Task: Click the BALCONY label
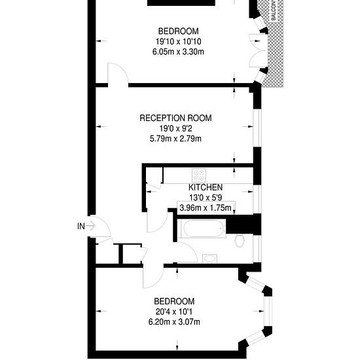pyautogui.click(x=273, y=10)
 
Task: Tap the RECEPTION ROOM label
pyautogui.click(x=175, y=118)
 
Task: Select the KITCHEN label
pyautogui.click(x=206, y=187)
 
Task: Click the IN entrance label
pyautogui.click(x=81, y=226)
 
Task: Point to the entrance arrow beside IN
pyautogui.click(x=92, y=226)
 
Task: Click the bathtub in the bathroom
pyautogui.click(x=202, y=228)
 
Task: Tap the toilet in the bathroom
pyautogui.click(x=240, y=241)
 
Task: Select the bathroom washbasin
pyautogui.click(x=209, y=259)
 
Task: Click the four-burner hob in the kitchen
pyautogui.click(x=199, y=175)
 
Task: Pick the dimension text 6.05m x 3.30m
pyautogui.click(x=178, y=52)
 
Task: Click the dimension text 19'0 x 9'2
pyautogui.click(x=175, y=128)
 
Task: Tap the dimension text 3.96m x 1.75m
pyautogui.click(x=206, y=207)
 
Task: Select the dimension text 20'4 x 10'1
pyautogui.click(x=174, y=312)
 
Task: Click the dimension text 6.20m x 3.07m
pyautogui.click(x=174, y=322)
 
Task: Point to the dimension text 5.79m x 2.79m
pyautogui.click(x=175, y=139)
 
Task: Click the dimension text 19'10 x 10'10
pyautogui.click(x=179, y=41)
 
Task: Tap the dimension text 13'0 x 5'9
pyautogui.click(x=206, y=198)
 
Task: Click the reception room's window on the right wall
pyautogui.click(x=257, y=128)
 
